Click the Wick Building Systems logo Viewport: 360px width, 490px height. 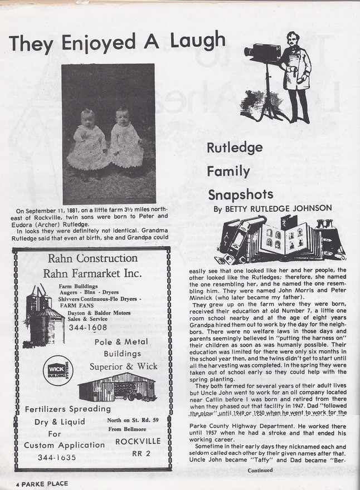pyautogui.click(x=57, y=370)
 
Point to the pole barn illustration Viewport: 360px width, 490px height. pyautogui.click(x=116, y=387)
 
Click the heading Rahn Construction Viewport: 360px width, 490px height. pyautogui.click(x=93, y=258)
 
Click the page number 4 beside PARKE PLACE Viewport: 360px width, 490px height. pyautogui.click(x=17, y=483)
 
